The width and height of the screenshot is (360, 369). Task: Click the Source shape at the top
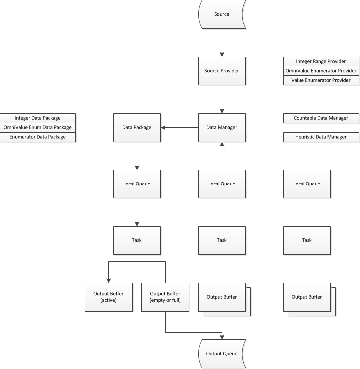coord(222,14)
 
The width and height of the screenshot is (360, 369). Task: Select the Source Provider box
coord(222,71)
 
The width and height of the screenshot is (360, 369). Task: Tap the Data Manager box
coord(222,128)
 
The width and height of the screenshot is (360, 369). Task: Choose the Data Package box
coord(137,128)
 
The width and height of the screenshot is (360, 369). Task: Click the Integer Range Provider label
coord(321,61)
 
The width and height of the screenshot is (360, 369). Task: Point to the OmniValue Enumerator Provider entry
coord(321,71)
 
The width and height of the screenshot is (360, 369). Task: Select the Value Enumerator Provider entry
coord(321,80)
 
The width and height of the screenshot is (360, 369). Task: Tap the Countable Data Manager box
coord(321,118)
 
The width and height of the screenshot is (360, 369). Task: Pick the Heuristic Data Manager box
coord(321,137)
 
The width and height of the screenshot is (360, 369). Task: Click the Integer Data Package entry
coord(38,118)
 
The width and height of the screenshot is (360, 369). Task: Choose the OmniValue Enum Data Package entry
coord(38,128)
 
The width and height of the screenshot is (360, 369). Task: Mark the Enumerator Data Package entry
coord(38,137)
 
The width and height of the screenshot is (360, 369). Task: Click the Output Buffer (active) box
coord(109,297)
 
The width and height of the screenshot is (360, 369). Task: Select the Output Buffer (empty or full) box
coord(165,297)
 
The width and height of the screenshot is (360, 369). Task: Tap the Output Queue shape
coord(222,354)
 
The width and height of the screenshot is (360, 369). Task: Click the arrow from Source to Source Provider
coord(222,43)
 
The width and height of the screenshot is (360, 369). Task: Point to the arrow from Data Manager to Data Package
coord(180,128)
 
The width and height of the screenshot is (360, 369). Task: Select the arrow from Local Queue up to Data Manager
coord(222,156)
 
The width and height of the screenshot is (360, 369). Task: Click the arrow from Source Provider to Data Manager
coord(222,99)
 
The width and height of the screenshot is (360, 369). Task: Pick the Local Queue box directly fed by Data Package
coord(137,184)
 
